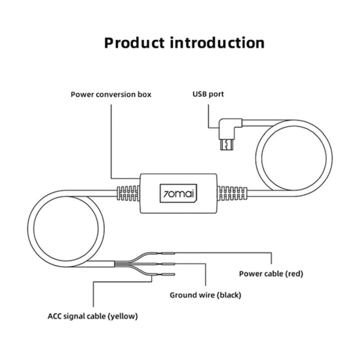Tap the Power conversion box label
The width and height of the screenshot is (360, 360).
[x=111, y=95]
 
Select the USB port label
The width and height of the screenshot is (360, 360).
[x=208, y=95]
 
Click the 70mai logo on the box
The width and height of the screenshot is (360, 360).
[x=179, y=194]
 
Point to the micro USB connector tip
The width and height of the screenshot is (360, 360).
[x=224, y=146]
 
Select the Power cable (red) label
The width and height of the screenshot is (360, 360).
[x=271, y=274]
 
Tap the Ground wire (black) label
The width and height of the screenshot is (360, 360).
[x=205, y=295]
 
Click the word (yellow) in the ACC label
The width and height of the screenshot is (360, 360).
[x=123, y=316]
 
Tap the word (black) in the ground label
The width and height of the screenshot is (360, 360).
[x=229, y=295]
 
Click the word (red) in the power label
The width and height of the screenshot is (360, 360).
[x=294, y=274]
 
